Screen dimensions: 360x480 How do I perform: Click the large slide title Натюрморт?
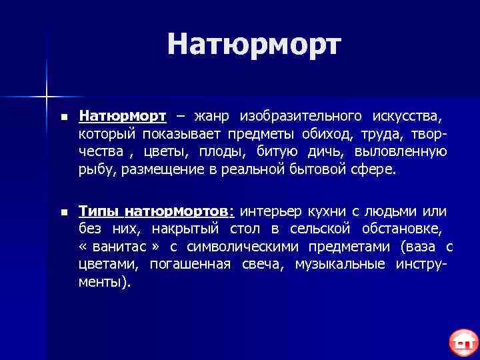pos(254,44)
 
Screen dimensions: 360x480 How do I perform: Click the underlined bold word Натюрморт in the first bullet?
pos(122,117)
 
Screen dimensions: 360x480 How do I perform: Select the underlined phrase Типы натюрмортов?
pos(157,212)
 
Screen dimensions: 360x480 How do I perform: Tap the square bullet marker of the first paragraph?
pos(63,118)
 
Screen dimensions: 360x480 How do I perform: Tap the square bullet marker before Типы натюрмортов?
pos(63,213)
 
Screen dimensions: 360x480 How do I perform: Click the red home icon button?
pos(461,343)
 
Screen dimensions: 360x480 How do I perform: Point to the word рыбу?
pos(98,169)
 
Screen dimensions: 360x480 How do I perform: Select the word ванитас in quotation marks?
pos(117,247)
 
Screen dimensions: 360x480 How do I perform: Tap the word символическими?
pos(239,247)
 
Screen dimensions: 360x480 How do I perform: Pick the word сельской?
pos(321,229)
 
